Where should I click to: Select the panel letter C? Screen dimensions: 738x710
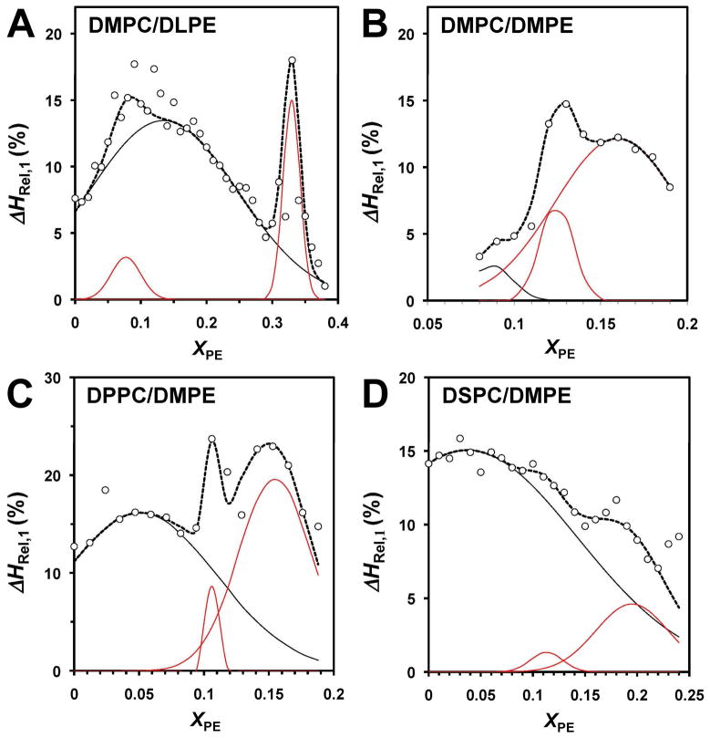pos(25,396)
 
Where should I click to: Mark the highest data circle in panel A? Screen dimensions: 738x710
pos(292,61)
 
